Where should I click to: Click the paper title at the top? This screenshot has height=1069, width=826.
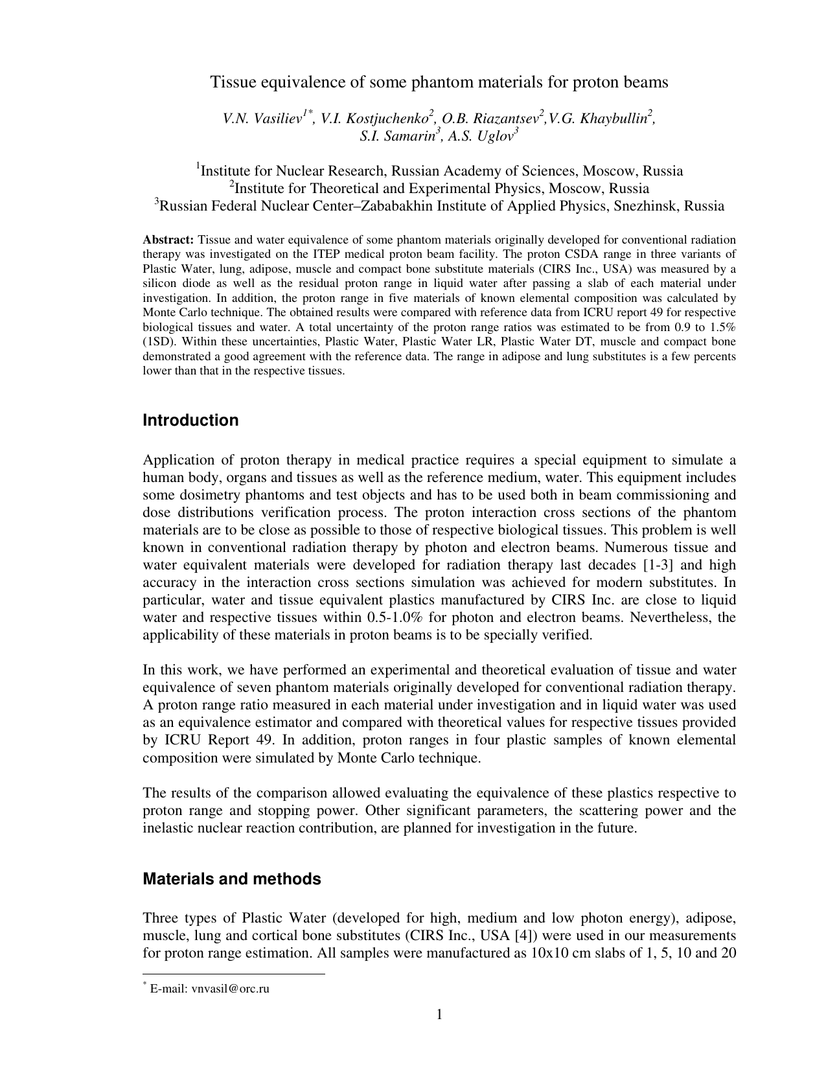click(x=439, y=82)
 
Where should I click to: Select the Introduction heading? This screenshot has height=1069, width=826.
click(x=190, y=420)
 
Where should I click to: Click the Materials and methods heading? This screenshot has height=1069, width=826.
click(x=231, y=879)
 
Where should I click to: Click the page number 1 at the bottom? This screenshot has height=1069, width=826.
click(x=439, y=1014)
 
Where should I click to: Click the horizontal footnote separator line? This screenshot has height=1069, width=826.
click(x=233, y=973)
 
